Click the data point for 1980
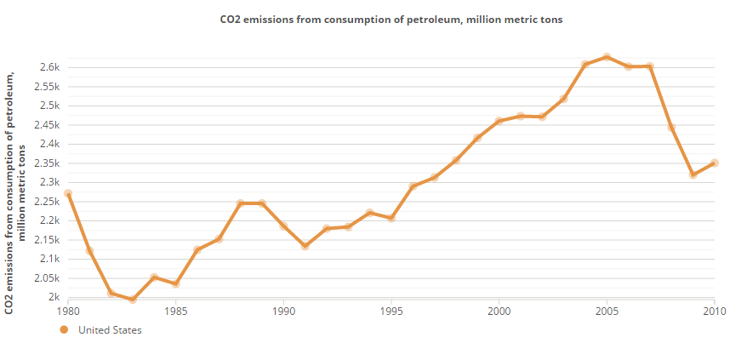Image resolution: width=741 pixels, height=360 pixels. click(x=68, y=194)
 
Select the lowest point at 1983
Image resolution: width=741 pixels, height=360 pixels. click(x=133, y=300)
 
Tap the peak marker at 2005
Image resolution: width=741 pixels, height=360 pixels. click(x=607, y=57)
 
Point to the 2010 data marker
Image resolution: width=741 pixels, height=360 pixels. click(x=715, y=163)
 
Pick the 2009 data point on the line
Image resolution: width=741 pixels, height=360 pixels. click(x=693, y=174)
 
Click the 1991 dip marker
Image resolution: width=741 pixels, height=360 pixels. click(x=305, y=246)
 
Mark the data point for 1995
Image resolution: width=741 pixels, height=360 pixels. click(x=391, y=218)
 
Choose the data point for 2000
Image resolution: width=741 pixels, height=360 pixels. click(x=499, y=121)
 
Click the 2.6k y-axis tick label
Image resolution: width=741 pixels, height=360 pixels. click(x=49, y=67)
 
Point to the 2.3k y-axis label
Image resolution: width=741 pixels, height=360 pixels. click(x=49, y=182)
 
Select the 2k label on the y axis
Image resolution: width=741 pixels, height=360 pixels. click(x=53, y=297)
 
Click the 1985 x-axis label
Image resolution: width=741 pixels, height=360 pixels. click(x=176, y=311)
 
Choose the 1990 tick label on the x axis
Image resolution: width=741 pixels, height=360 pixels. click(x=284, y=311)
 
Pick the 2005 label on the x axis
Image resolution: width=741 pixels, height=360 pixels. click(x=607, y=311)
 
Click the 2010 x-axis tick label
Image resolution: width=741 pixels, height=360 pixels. click(x=715, y=311)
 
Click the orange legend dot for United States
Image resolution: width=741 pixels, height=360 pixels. click(x=64, y=330)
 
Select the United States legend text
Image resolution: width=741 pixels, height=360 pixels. click(x=110, y=330)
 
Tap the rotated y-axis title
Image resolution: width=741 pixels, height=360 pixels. click(x=16, y=192)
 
